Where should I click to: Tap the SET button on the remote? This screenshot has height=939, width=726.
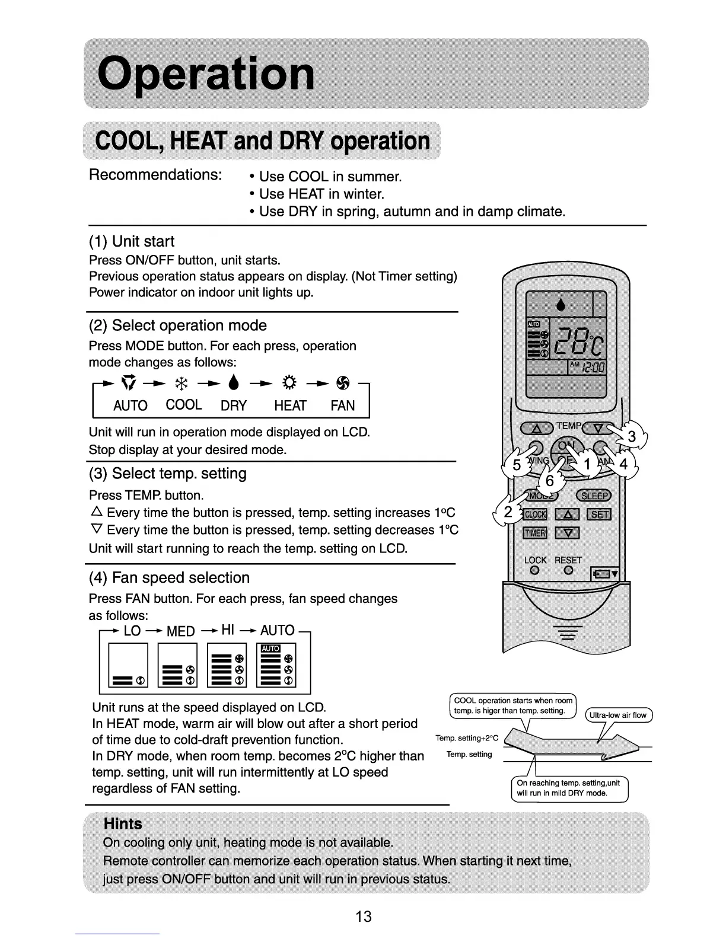[x=598, y=514]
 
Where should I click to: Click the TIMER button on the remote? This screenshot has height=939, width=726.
[x=534, y=533]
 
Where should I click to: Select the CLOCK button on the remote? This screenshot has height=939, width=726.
[x=535, y=514]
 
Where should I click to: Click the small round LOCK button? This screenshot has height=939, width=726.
[x=534, y=571]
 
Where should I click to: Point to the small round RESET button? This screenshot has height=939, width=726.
[x=568, y=571]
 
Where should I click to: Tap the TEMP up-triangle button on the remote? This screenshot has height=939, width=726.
[x=536, y=428]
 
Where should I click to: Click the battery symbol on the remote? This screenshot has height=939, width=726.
[x=605, y=574]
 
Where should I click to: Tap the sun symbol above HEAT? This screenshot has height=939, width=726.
[x=290, y=386]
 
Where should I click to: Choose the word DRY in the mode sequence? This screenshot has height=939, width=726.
[x=234, y=406]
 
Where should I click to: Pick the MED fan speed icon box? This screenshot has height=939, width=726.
[x=177, y=665]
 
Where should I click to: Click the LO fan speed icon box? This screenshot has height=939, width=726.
[x=128, y=665]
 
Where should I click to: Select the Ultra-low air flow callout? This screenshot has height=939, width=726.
[x=619, y=715]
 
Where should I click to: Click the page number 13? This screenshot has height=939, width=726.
[x=363, y=916]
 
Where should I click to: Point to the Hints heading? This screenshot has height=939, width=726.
[x=123, y=823]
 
